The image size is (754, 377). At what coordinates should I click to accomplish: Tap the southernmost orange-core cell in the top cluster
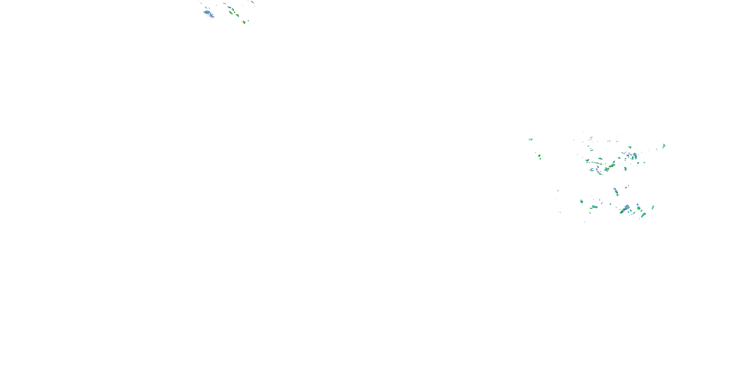click(x=244, y=22)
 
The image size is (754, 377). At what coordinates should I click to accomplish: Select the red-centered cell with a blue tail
click(x=231, y=13)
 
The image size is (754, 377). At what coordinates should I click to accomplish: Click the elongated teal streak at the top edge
click(x=252, y=2)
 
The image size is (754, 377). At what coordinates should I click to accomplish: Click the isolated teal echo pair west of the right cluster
click(x=530, y=139)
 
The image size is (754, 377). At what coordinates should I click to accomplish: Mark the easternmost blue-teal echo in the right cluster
click(x=664, y=146)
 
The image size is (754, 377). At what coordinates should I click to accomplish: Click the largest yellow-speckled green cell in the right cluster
click(x=611, y=166)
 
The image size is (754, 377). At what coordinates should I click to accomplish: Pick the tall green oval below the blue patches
click(x=625, y=169)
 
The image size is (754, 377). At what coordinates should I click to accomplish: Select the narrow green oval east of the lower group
click(x=653, y=208)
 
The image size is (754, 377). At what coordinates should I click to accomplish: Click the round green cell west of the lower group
click(x=581, y=201)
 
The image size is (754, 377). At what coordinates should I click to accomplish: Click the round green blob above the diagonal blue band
click(x=639, y=208)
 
